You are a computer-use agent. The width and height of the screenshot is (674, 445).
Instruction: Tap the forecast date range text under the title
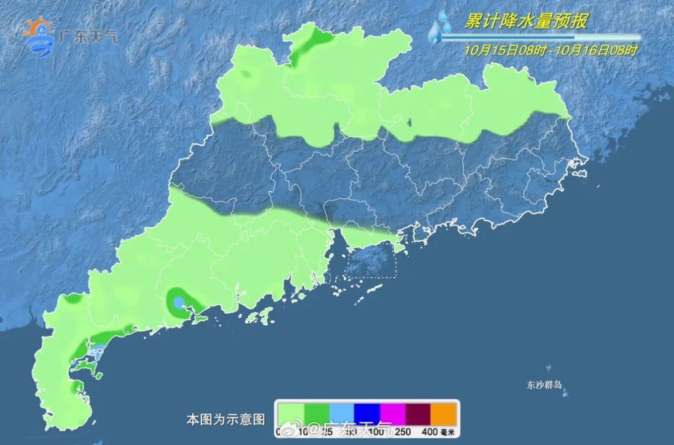coord(551,51)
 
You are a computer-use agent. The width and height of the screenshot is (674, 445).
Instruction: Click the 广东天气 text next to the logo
coord(87,36)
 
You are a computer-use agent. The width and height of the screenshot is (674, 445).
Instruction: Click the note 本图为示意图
coord(226,418)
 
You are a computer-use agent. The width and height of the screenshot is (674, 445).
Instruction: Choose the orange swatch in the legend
coord(444,413)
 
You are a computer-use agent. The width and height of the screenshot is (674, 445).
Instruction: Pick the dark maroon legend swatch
coord(418,413)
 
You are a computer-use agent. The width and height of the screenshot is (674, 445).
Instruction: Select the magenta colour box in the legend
coord(393,413)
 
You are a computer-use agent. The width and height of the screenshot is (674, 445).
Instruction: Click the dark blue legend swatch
coord(367,413)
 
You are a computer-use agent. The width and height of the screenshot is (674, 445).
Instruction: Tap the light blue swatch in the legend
coord(341,413)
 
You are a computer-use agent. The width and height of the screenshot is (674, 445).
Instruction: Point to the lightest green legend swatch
coord(291,413)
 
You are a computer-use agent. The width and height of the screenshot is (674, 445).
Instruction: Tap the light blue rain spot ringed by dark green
coord(179,303)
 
